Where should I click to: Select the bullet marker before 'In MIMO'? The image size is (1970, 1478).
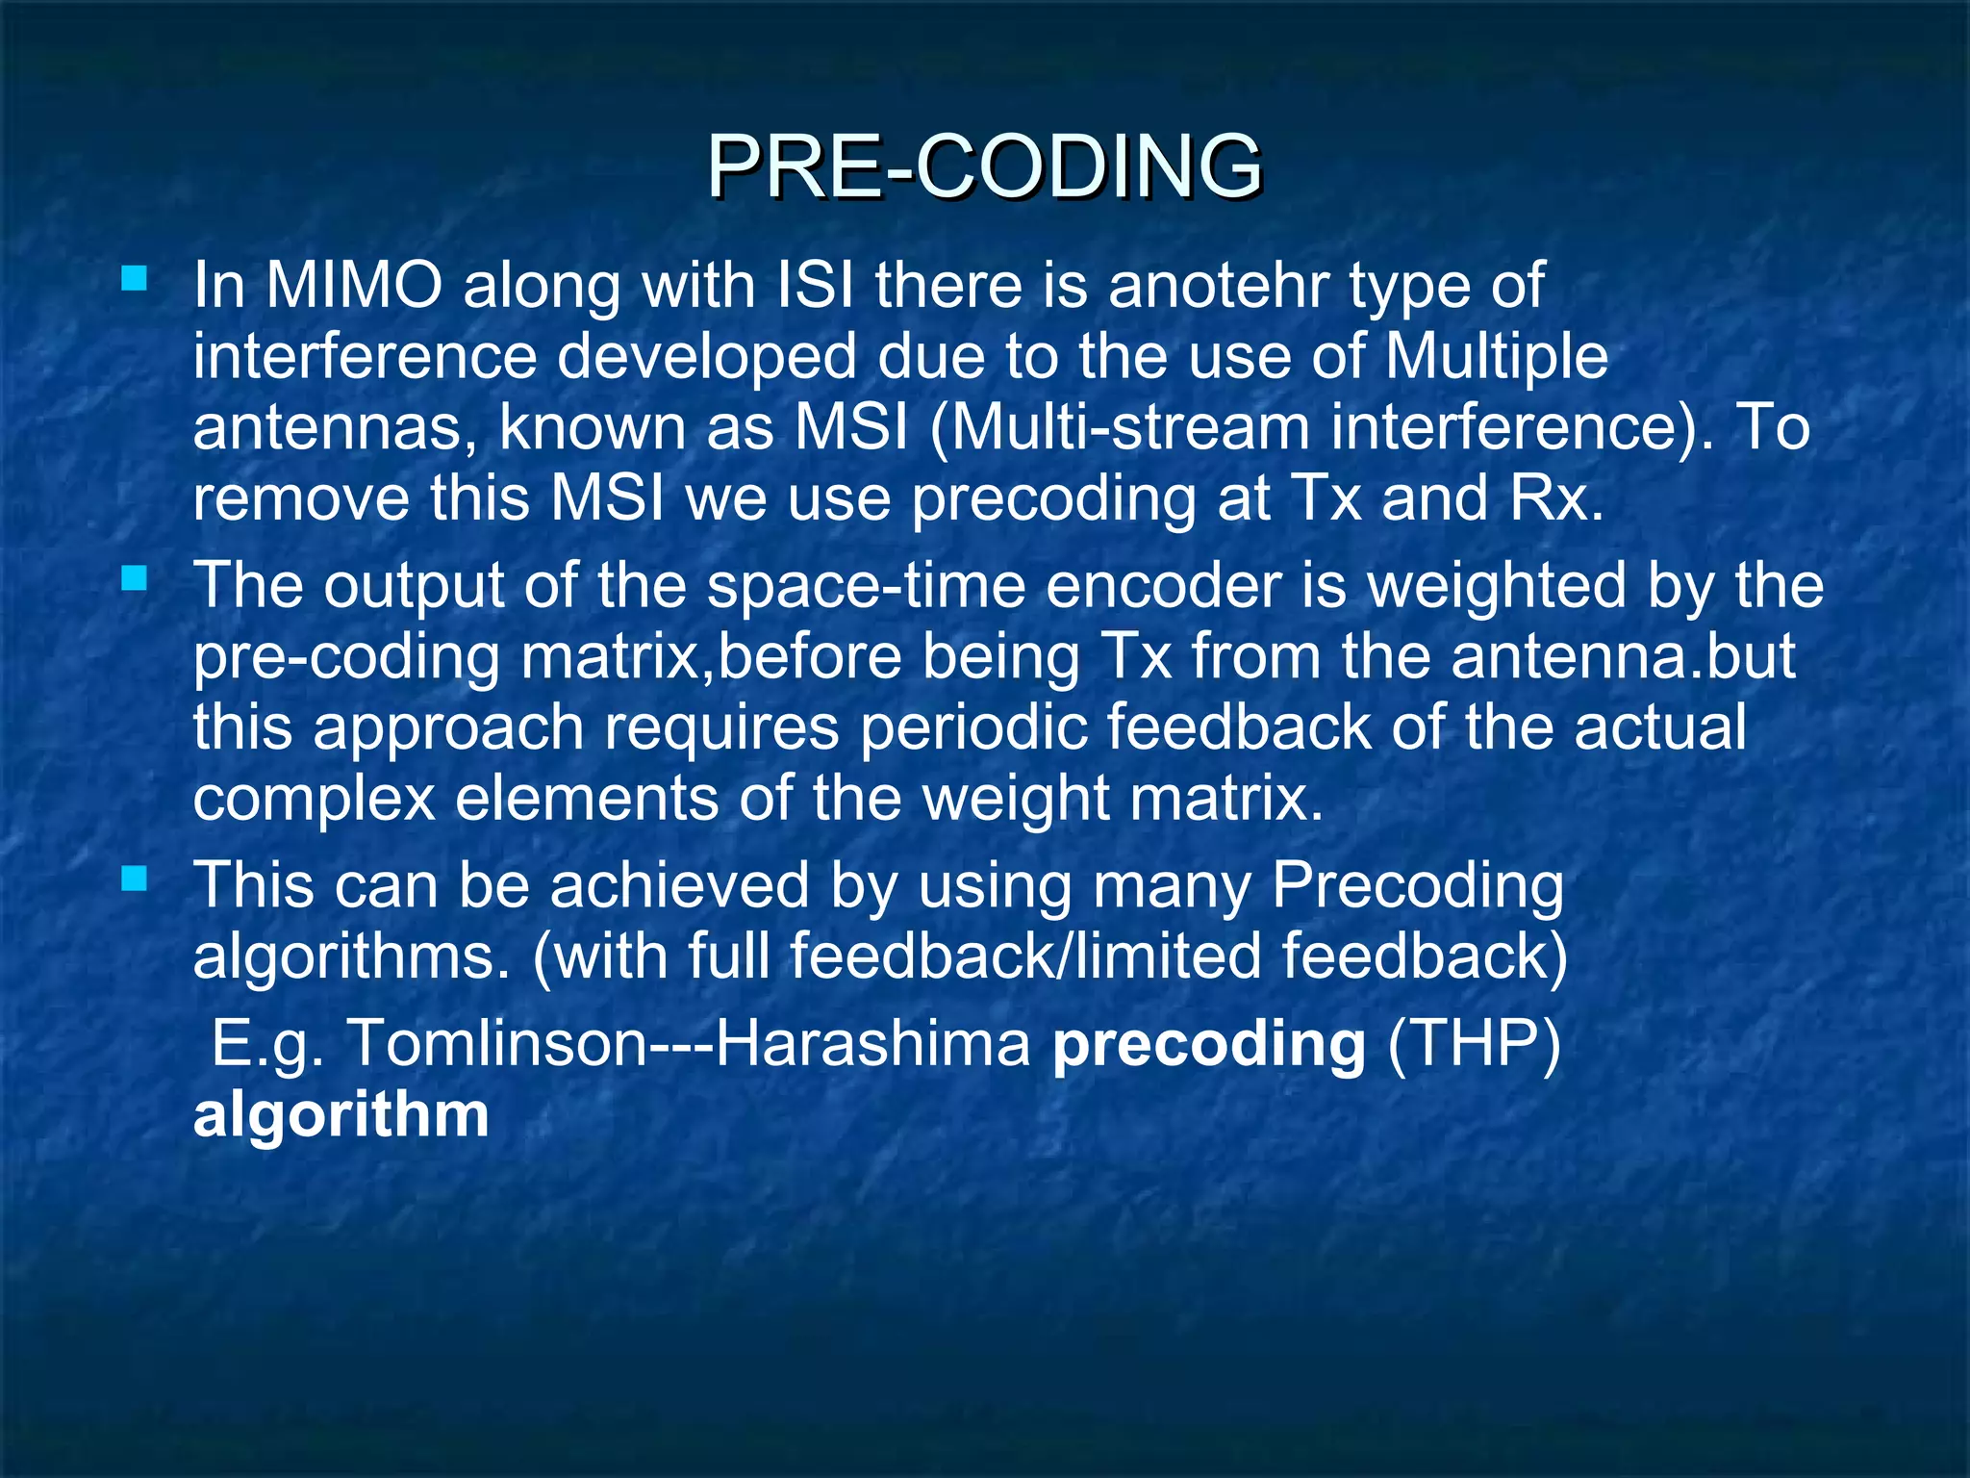point(135,280)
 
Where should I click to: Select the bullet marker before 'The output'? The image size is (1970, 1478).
point(135,578)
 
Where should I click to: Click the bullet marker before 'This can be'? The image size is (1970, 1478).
point(135,878)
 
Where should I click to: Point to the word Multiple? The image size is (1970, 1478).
point(1496,357)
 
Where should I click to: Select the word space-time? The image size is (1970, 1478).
point(866,586)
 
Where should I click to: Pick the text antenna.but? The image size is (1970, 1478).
point(1623,656)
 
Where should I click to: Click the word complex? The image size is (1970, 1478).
point(314,799)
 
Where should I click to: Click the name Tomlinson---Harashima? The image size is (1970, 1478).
point(688,1043)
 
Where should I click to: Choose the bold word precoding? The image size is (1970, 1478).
point(1208,1043)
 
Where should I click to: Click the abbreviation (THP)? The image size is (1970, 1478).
point(1473,1043)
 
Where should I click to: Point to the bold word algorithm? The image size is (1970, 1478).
point(341,1114)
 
